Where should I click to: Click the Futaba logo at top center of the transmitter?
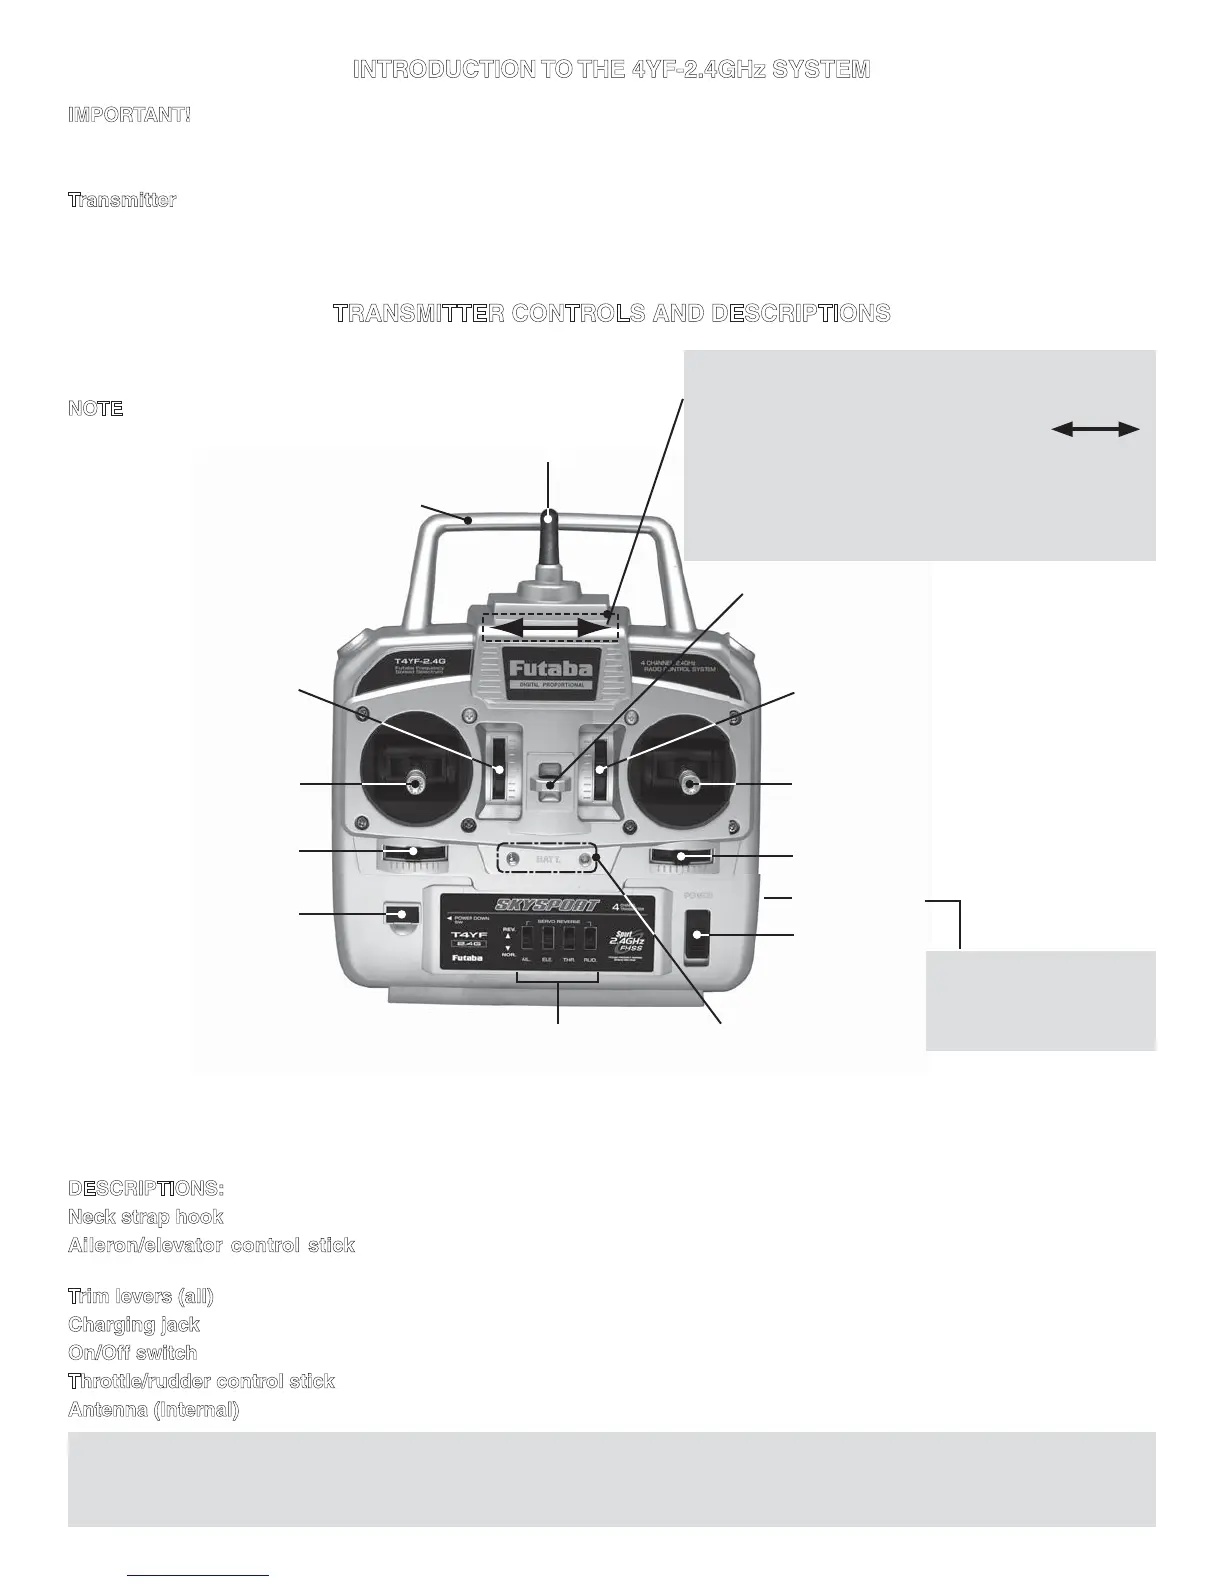pos(550,668)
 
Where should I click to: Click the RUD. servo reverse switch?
pos(590,938)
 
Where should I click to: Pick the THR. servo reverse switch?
pos(569,938)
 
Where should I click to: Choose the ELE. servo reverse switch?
pos(548,938)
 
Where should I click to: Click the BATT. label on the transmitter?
pos(548,859)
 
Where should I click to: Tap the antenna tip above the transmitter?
pos(549,516)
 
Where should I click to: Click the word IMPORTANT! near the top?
pos(129,114)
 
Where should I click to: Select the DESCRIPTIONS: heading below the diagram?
pos(146,1188)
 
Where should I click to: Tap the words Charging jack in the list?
pos(134,1324)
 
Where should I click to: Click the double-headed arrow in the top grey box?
pos(1095,429)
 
